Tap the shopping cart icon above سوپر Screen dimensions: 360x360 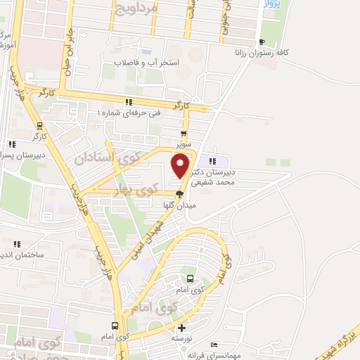[184, 134]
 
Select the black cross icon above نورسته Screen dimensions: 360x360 [182, 328]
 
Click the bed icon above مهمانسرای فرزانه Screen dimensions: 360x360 [214, 345]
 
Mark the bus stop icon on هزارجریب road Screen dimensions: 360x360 [115, 326]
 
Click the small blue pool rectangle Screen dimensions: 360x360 [146, 51]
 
